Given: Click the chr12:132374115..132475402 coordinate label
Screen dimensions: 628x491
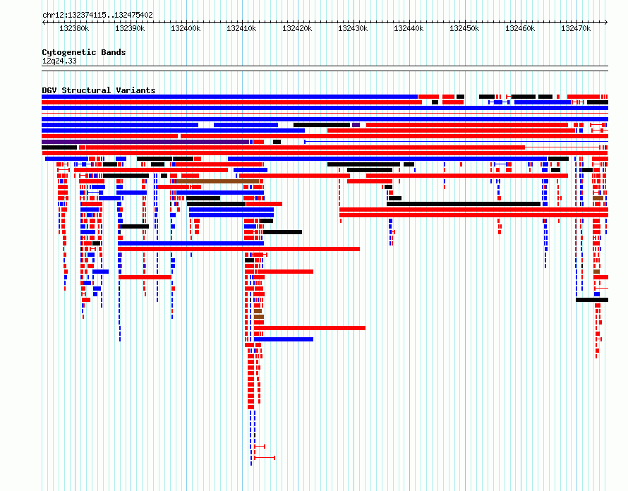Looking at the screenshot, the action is pos(97,16).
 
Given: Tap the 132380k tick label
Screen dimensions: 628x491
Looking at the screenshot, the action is pos(74,28).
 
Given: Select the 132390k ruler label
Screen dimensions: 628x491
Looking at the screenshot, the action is pos(130,28).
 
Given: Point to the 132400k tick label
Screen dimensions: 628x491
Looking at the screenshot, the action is pos(186,28).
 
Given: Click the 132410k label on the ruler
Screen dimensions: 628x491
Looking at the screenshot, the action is pos(241,28).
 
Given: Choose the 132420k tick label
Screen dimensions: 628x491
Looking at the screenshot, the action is pos(297,28).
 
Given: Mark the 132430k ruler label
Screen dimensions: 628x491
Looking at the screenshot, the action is pos(352,28).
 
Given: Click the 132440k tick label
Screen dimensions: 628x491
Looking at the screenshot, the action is pos(408,28).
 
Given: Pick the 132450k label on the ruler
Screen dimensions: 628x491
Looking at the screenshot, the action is pos(464,28).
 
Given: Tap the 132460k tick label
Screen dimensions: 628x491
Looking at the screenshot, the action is pos(519,28).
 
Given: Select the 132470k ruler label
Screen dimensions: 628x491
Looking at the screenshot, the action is pos(575,28).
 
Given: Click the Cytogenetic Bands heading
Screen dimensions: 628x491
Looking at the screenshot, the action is pos(84,52).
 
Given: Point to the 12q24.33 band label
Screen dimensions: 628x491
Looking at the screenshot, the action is pos(59,61).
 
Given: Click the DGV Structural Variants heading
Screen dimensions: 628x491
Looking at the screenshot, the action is pos(99,90).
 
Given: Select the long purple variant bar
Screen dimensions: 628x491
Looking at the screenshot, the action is pos(145,142).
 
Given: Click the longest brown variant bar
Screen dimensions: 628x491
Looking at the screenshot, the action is pos(217,181).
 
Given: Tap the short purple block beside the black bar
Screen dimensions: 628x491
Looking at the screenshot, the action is pos(356,125).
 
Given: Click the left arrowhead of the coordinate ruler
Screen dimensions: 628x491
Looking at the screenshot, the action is pos(43,23).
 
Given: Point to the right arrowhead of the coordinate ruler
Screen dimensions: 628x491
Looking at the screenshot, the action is pos(606,23).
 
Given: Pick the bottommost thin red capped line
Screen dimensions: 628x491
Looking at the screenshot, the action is pos(265,457).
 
